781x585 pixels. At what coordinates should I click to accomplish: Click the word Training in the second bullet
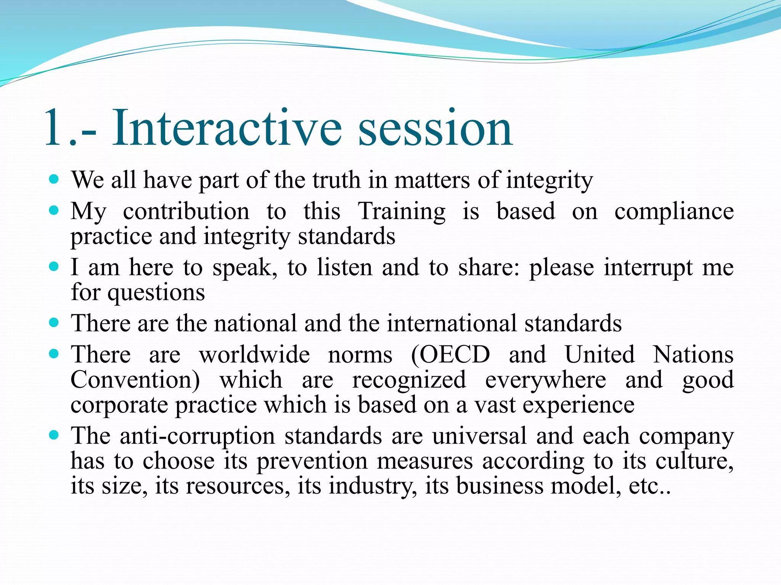tap(401, 212)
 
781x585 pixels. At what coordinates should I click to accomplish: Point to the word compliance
tap(674, 212)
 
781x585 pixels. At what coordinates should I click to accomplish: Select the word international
tap(452, 323)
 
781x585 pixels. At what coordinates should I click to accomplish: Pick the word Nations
tap(693, 355)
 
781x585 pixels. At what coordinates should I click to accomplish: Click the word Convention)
tap(135, 380)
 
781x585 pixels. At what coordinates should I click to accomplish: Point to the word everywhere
tap(545, 380)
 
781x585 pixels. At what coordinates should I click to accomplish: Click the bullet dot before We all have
tap(54, 179)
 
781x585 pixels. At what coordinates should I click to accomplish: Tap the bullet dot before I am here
tap(54, 266)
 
